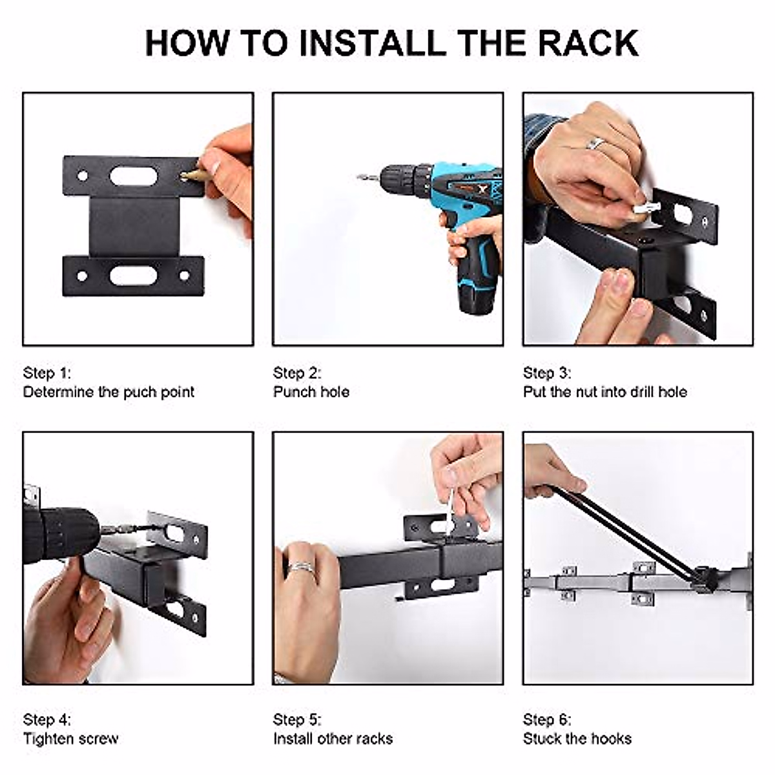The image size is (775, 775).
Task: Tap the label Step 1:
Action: pos(47,373)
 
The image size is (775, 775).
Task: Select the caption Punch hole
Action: pos(311,392)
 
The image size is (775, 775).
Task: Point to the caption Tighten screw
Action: pos(70,738)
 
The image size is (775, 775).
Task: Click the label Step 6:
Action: pos(547,719)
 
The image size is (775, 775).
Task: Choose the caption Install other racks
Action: pos(333,738)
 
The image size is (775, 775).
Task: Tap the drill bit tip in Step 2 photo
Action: pos(362,177)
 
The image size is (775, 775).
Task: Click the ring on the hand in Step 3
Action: pos(595,143)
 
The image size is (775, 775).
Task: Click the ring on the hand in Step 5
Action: pos(301,568)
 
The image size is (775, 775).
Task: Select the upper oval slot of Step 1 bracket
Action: pos(134,176)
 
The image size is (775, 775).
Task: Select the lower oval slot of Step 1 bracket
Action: pos(134,276)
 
